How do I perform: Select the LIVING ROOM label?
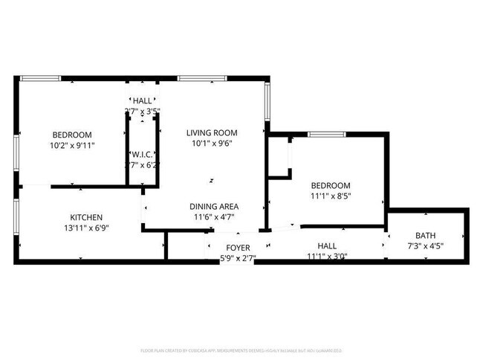click(211, 133)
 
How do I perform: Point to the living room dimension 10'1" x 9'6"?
click(211, 144)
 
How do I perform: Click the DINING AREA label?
click(213, 206)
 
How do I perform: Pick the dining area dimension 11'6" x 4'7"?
click(213, 217)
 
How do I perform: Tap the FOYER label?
click(238, 247)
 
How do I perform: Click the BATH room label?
click(426, 235)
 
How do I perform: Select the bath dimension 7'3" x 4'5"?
click(426, 246)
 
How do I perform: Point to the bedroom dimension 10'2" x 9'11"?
click(72, 145)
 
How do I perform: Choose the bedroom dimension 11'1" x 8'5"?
click(331, 196)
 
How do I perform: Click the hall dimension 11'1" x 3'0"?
click(327, 257)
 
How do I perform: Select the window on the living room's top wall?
click(202, 77)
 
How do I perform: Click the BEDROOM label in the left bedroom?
click(72, 134)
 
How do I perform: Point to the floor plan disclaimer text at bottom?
click(241, 350)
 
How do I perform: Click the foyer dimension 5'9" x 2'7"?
click(238, 258)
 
